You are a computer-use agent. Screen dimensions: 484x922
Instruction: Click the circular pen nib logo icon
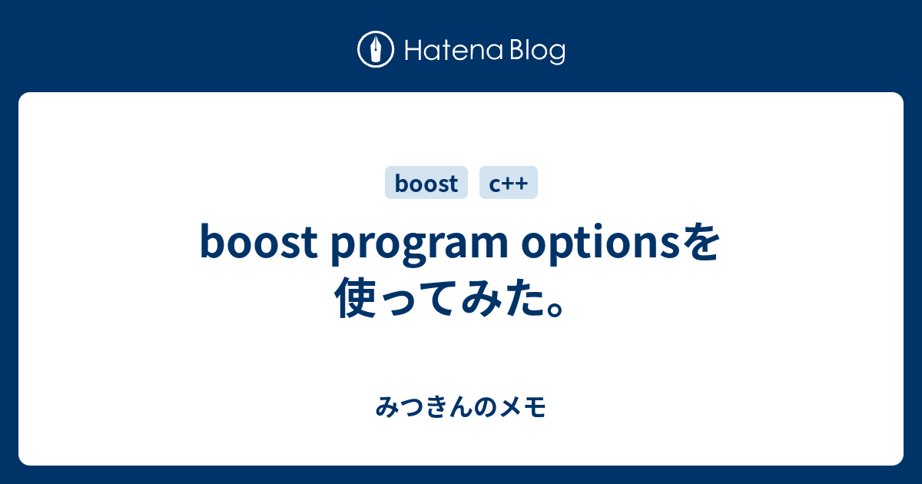[x=376, y=51]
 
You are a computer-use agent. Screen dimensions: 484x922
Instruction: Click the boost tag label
[x=426, y=183]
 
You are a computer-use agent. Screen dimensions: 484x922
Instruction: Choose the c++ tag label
[x=508, y=183]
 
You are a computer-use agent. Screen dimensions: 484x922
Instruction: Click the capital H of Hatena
[x=410, y=51]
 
